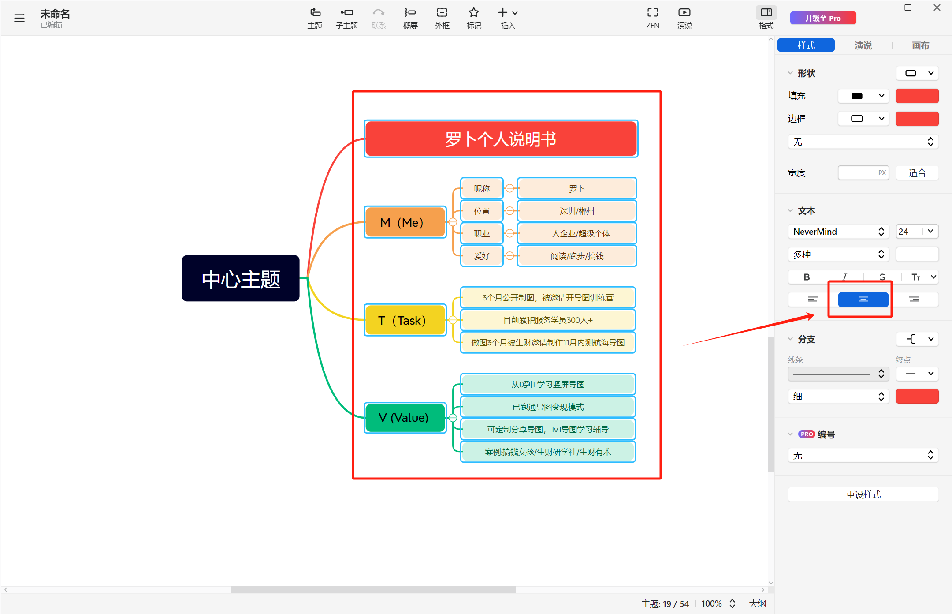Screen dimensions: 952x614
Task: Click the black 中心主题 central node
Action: click(241, 278)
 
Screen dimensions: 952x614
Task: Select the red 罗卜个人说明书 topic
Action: click(501, 139)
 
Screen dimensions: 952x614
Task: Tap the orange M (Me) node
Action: click(405, 222)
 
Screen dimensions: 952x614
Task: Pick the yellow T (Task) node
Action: click(405, 320)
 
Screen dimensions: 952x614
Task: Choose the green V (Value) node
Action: click(405, 417)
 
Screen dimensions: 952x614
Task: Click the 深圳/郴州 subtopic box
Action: click(577, 211)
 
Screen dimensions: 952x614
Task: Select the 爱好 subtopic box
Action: click(482, 256)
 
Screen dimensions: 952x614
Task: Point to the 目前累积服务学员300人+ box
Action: click(548, 320)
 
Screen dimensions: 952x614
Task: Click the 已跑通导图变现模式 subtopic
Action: click(548, 407)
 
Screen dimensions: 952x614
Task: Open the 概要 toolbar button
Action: click(410, 18)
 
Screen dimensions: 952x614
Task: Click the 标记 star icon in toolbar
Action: click(474, 12)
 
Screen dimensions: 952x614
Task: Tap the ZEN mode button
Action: click(653, 18)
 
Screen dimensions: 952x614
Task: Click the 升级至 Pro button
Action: click(823, 18)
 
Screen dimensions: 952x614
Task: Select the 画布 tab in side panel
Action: click(920, 45)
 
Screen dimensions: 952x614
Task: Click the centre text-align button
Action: click(863, 300)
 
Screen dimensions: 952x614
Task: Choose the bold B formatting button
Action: click(807, 277)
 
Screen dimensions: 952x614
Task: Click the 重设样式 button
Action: click(863, 494)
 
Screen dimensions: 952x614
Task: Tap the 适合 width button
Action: click(917, 173)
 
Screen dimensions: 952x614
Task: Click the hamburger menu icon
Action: click(19, 18)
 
